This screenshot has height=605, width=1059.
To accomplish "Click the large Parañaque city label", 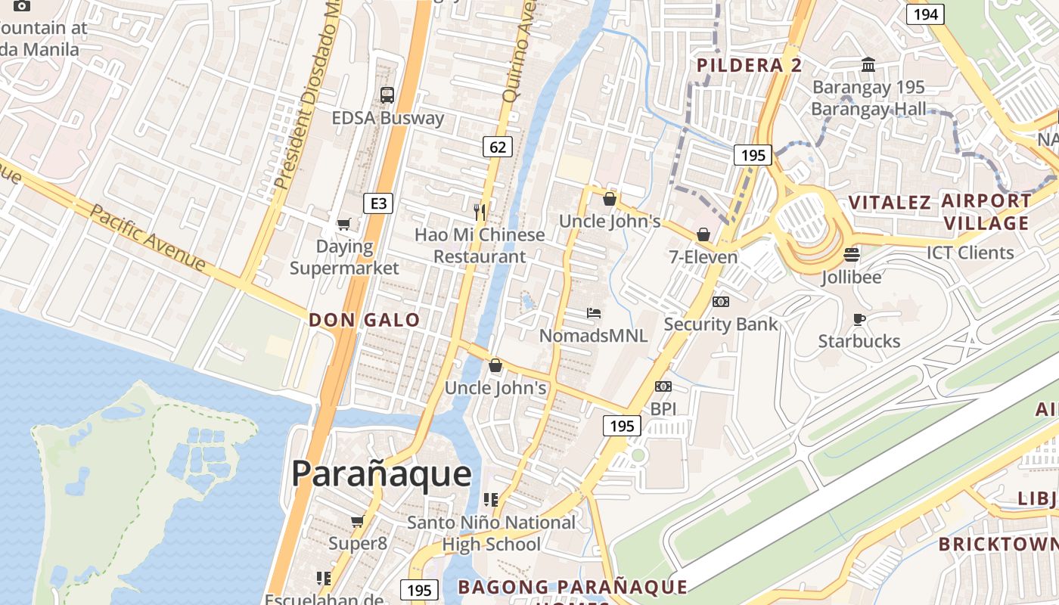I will pyautogui.click(x=381, y=474).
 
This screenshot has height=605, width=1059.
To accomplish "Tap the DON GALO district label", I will pyautogui.click(x=364, y=320).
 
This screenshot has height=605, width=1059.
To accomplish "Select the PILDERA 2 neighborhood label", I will pyautogui.click(x=749, y=66).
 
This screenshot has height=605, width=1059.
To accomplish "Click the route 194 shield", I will pyautogui.click(x=925, y=14).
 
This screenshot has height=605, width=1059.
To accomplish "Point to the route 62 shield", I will pyautogui.click(x=497, y=147).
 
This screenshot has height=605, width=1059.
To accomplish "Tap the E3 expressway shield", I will pyautogui.click(x=378, y=203).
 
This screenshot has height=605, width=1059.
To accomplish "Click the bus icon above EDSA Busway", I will pyautogui.click(x=387, y=95).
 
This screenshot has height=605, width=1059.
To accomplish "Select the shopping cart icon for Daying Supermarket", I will pyautogui.click(x=343, y=224).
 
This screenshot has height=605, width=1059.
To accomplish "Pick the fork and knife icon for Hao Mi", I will pyautogui.click(x=479, y=212).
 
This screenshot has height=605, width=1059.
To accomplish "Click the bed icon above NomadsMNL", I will pyautogui.click(x=594, y=313).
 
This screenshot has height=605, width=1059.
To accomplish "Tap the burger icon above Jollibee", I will pyautogui.click(x=852, y=255).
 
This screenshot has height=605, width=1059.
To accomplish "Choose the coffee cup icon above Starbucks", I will pyautogui.click(x=859, y=319).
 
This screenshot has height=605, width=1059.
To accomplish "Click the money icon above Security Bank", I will pyautogui.click(x=721, y=302).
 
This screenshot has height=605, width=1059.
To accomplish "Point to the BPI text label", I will pyautogui.click(x=663, y=409).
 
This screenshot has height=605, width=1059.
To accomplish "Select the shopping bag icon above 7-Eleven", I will pyautogui.click(x=703, y=234).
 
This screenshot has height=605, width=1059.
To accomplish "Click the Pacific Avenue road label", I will pyautogui.click(x=147, y=237).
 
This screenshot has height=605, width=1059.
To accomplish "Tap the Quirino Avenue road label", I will pyautogui.click(x=520, y=53).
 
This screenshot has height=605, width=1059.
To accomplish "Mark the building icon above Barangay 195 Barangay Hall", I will pyautogui.click(x=868, y=65).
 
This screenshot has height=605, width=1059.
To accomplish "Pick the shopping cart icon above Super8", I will pyautogui.click(x=358, y=521).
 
